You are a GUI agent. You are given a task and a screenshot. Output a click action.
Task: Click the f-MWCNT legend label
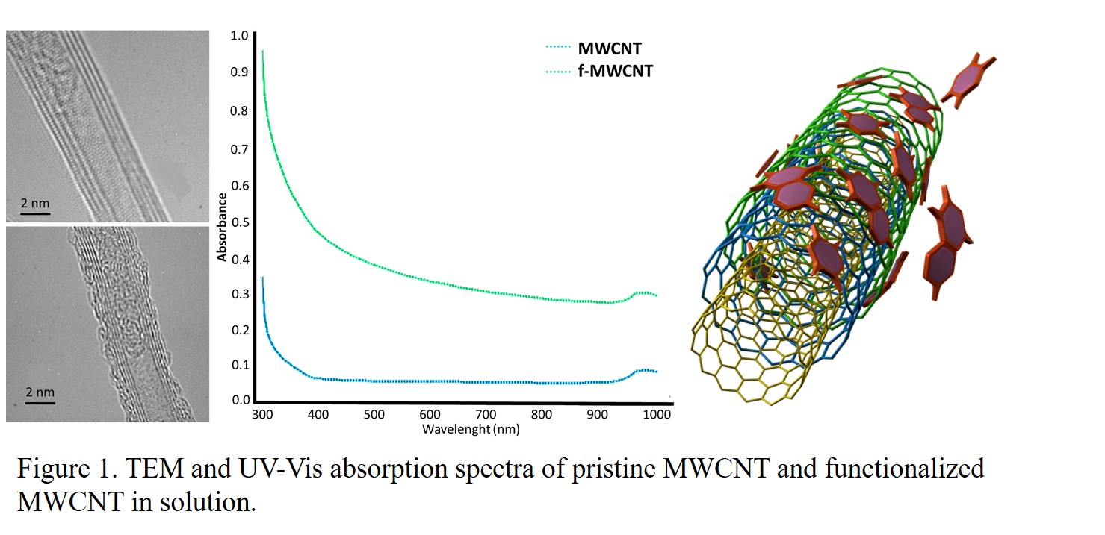pyautogui.click(x=615, y=71)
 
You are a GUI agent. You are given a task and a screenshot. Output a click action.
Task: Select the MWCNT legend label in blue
pyautogui.click(x=610, y=49)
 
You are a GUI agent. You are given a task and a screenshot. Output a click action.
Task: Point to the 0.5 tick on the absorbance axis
pyautogui.click(x=240, y=222)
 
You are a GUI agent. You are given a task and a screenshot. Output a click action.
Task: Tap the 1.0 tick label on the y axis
pyautogui.click(x=240, y=36)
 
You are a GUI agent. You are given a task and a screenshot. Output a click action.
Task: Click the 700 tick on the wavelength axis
pyautogui.click(x=486, y=414)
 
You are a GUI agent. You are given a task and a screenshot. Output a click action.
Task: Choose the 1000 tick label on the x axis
pyautogui.click(x=657, y=414)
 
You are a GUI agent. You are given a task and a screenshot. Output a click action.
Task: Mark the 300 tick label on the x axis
pyautogui.click(x=262, y=414)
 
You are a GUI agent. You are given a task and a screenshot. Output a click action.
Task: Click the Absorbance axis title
pyautogui.click(x=222, y=227)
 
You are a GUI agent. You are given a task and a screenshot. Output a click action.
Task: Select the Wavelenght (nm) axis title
pyautogui.click(x=471, y=429)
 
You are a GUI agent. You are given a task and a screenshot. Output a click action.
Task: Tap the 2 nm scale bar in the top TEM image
pyautogui.click(x=35, y=214)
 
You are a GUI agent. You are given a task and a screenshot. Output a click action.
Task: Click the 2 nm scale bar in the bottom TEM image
pyautogui.click(x=40, y=403)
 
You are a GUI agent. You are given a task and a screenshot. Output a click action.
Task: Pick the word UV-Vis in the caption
pyautogui.click(x=280, y=468)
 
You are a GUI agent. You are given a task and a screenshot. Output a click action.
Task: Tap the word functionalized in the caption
pyautogui.click(x=905, y=468)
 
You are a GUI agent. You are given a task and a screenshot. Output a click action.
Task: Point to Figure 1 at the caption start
pyautogui.click(x=67, y=469)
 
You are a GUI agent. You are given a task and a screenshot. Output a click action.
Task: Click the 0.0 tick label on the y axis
pyautogui.click(x=241, y=400)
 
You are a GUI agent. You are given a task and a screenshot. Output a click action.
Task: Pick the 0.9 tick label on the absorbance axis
pyautogui.click(x=240, y=72)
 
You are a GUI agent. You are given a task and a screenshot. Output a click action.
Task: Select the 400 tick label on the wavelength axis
pyautogui.click(x=318, y=414)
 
